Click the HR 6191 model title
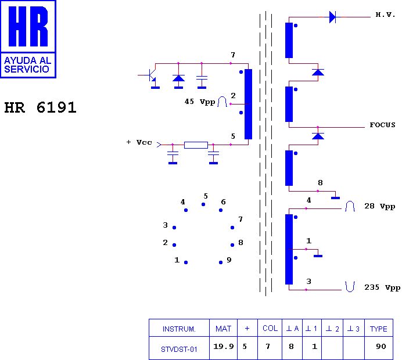point(40,107)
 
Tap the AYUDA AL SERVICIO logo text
point(28,65)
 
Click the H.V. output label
point(385,15)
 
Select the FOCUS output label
point(382,125)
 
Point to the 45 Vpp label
point(200,102)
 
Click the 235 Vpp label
point(382,287)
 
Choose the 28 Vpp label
point(380,206)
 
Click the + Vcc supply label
point(139,142)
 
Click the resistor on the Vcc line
point(196,145)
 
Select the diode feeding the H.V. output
point(332,17)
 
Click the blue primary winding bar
point(248,104)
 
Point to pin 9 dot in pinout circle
point(221,262)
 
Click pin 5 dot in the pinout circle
point(203,204)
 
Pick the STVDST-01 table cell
point(179,350)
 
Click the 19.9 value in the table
point(224,347)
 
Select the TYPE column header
point(378,329)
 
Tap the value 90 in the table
point(381,347)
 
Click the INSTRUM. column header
point(179,329)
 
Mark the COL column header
point(270,328)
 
